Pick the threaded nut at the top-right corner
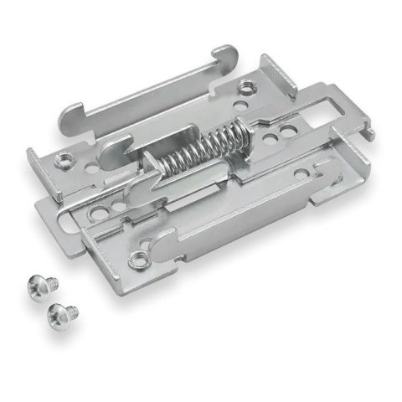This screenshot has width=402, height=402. (245, 88)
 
